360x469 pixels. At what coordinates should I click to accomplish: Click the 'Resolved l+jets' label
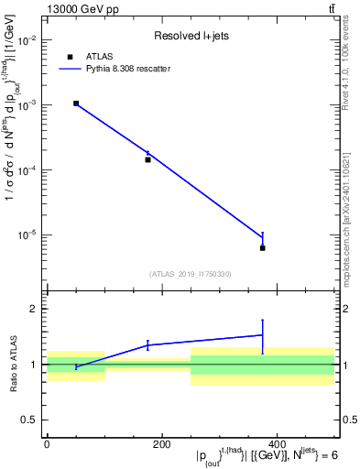pos(189,37)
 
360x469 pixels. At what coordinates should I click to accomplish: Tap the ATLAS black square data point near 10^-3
pos(76,104)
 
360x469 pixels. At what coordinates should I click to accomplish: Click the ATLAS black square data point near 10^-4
pos(147,159)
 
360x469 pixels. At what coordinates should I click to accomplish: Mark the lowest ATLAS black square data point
pos(262,248)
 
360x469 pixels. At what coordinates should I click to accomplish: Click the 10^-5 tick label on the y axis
pos(27,234)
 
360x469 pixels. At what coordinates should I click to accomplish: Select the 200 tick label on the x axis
pos(161,445)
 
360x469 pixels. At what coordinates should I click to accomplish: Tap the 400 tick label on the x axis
pos(276,445)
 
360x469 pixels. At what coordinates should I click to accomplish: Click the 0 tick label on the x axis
pos(47,445)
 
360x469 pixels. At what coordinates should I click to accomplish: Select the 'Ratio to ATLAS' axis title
pos(12,364)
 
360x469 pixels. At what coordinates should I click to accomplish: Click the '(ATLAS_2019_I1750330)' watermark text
pos(190,273)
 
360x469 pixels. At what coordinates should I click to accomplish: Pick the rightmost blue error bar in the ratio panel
pos(262,336)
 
